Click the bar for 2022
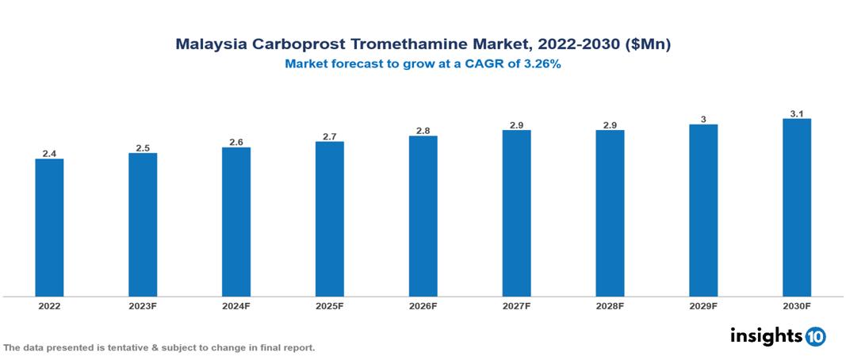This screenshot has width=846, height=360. coord(49,228)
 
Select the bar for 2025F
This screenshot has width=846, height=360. coord(330,219)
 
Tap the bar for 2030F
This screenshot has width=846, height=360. coord(797,208)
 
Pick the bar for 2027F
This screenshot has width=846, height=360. coord(516,213)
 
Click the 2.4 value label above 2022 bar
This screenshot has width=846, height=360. coord(49,153)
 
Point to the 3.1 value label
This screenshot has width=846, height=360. coord(797,113)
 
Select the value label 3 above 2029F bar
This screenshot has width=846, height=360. coord(703,119)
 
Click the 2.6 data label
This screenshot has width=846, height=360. coord(236,142)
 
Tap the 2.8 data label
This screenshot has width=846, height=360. coord(423,130)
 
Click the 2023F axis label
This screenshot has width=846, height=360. coord(143,306)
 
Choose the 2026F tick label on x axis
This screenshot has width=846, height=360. coord(423,306)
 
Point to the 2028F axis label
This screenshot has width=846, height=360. coord(610,306)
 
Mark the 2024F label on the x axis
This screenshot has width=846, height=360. coord(236,306)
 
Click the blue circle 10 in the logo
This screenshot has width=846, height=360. coord(815,336)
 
